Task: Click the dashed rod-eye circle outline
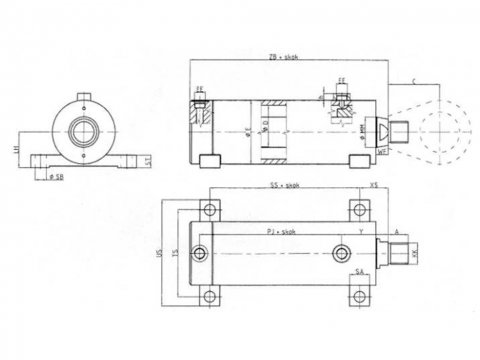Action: (440, 130)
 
